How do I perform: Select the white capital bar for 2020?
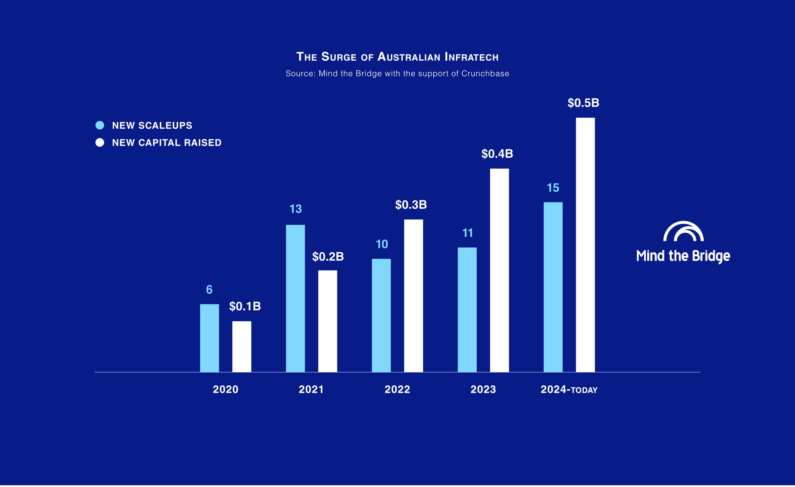(242, 347)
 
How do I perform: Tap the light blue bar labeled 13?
(295, 298)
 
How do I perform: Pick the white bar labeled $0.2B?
(327, 321)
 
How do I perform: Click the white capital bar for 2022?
(413, 296)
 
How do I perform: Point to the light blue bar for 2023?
(467, 310)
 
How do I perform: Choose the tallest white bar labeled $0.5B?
(585, 245)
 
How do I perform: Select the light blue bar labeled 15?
(553, 287)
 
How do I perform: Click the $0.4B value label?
(497, 154)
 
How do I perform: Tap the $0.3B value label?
(411, 205)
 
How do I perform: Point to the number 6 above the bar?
(209, 290)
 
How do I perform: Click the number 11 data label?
(468, 233)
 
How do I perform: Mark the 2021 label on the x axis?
(311, 390)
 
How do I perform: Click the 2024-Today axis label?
(569, 390)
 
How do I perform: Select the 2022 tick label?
(397, 390)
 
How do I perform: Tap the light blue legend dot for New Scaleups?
(100, 125)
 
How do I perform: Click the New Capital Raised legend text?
(167, 143)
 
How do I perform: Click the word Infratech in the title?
(471, 57)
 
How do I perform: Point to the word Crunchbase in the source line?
(485, 74)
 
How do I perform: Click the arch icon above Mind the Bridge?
(683, 231)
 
